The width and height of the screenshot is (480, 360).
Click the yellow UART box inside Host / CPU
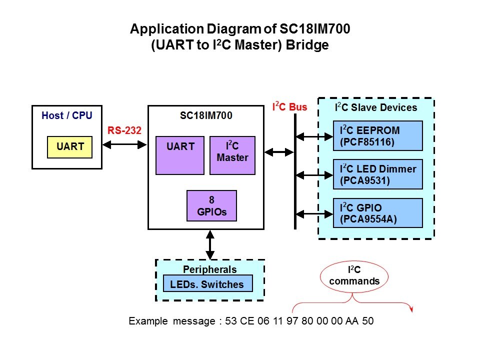(x=69, y=147)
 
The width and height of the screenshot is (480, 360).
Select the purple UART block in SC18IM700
(x=180, y=155)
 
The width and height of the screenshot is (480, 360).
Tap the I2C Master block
(x=232, y=155)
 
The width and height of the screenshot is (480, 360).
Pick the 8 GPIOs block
(x=211, y=205)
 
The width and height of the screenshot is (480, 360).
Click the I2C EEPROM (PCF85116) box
(x=378, y=135)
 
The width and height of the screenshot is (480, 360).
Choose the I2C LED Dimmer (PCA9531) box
(x=378, y=174)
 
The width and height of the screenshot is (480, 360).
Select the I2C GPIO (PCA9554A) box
(x=378, y=213)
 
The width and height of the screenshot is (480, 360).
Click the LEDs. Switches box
(x=207, y=284)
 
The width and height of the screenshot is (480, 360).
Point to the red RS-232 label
(x=124, y=131)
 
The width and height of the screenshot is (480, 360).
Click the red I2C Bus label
(x=289, y=106)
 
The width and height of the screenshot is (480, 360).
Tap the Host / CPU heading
(x=66, y=116)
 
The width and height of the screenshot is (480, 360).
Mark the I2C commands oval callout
(x=354, y=276)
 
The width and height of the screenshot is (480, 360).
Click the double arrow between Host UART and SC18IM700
(x=123, y=145)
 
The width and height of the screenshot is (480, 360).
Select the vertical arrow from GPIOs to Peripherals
(x=210, y=244)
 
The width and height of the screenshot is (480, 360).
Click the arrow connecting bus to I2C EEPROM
(x=314, y=135)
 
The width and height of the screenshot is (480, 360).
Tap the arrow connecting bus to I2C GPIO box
(x=314, y=213)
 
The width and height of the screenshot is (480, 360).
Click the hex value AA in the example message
(x=351, y=321)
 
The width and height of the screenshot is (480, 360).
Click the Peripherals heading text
(x=210, y=269)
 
